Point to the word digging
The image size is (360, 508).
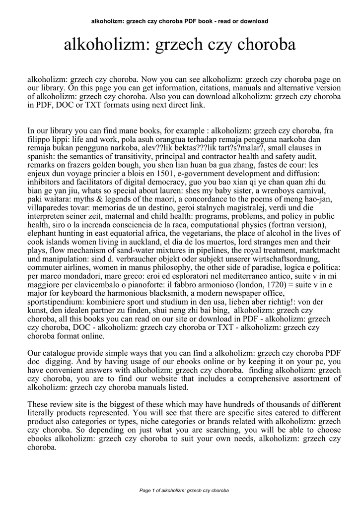coord(58,362)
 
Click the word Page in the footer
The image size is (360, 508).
coord(146,491)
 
